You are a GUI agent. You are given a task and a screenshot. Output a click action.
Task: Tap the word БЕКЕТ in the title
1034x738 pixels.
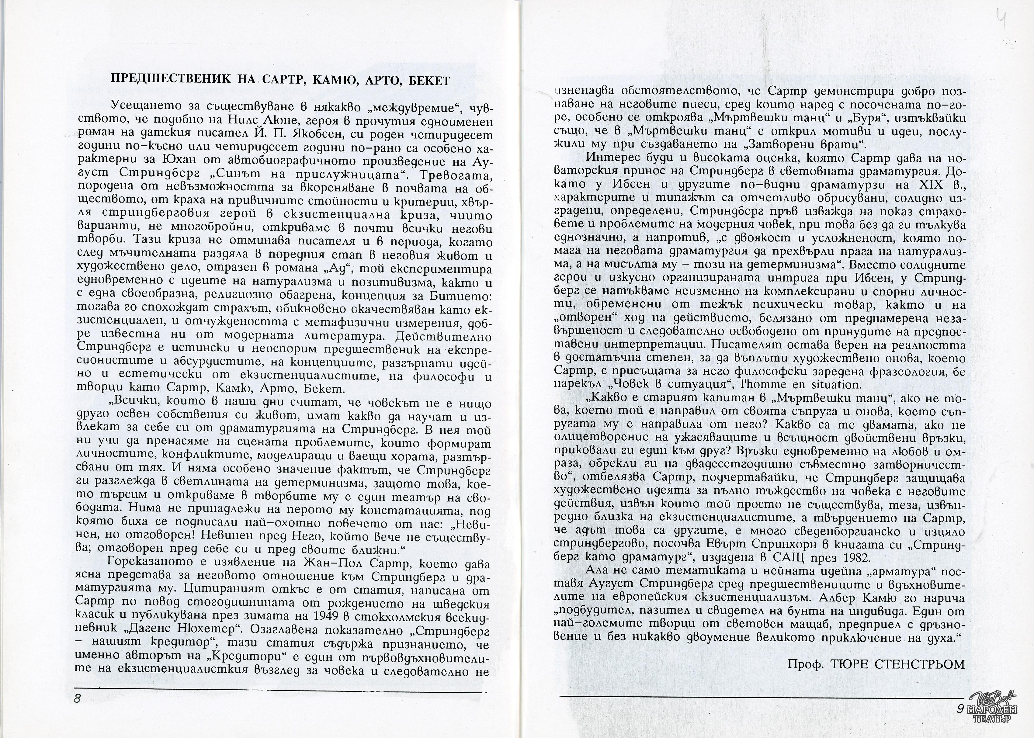tap(429, 81)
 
